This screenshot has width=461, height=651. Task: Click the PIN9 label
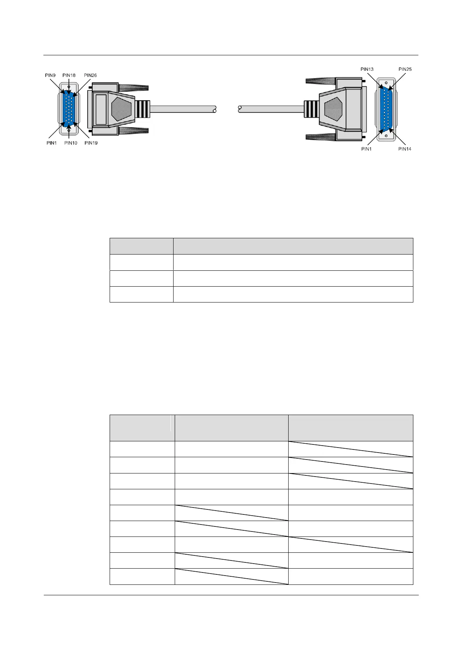coord(51,75)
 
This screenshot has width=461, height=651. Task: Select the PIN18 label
coord(69,75)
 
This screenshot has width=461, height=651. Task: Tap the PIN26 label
coord(90,75)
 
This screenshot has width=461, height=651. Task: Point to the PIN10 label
coord(71,143)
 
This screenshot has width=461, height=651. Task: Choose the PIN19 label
coord(91,143)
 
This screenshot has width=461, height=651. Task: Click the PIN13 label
coord(367,69)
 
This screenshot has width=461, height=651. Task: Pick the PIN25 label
coord(405,69)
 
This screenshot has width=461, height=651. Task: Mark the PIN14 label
coord(405,149)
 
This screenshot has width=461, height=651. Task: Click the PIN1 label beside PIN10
coord(52,143)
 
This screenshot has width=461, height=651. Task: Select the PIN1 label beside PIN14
coord(366,149)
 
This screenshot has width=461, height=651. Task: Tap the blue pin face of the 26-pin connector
coord(69,109)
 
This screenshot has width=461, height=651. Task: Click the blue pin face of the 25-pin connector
coord(386,109)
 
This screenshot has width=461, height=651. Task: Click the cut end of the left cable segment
coord(214,109)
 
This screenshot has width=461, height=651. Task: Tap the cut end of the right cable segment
coord(240,109)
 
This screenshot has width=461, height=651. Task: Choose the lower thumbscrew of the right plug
coord(321,137)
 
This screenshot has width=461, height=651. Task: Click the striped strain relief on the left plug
coord(143,109)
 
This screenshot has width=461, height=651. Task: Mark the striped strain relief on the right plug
coord(311,109)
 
